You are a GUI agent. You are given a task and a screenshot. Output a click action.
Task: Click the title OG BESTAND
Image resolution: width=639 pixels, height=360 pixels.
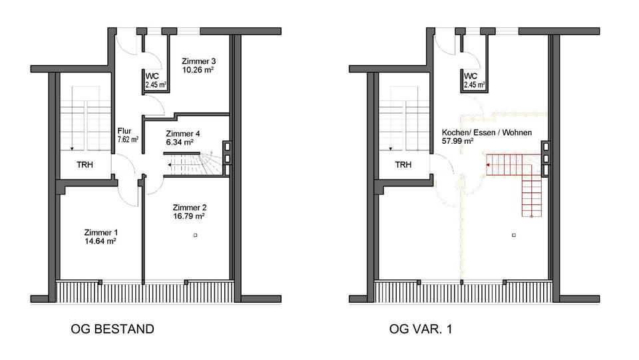112,329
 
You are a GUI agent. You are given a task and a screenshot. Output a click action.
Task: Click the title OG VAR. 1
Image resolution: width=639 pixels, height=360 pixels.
424,329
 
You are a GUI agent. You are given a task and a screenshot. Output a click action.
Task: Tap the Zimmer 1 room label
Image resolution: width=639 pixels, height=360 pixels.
101,233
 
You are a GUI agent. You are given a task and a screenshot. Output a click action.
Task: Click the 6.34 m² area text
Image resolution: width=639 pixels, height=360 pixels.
180,142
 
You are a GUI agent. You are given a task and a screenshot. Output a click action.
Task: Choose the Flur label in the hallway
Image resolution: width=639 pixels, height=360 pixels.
124,131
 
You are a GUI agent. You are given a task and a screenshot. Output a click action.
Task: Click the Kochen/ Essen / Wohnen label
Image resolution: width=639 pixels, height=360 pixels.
487,132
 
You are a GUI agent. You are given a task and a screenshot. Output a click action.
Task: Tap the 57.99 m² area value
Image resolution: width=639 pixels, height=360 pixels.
458,141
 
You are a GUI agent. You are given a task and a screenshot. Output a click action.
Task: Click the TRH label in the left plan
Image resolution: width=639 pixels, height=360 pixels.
85,164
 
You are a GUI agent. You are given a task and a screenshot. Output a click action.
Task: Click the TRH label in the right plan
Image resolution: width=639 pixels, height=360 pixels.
403,164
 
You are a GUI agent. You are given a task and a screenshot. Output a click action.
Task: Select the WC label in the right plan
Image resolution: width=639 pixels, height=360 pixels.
471,76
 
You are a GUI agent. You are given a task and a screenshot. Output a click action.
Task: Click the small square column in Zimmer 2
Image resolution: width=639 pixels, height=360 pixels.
196,234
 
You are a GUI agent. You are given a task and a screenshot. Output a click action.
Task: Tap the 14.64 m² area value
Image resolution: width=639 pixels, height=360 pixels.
101,242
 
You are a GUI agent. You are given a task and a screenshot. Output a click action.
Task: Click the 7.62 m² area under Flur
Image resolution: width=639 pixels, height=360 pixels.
127,140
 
